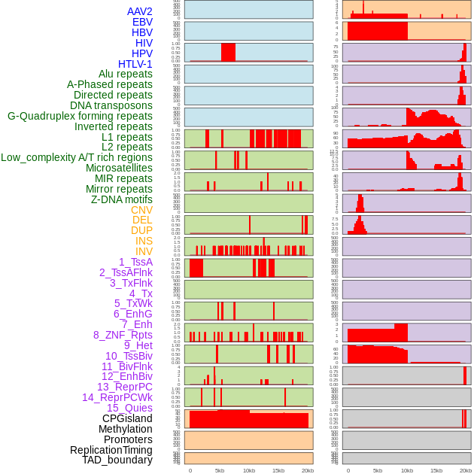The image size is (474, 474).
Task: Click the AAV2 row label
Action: tap(140, 11)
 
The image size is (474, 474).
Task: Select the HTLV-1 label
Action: tap(135, 64)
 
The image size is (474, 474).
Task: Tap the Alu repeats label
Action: tap(126, 74)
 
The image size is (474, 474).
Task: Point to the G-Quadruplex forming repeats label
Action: tap(80, 116)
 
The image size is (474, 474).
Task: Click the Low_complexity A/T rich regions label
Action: tap(77, 157)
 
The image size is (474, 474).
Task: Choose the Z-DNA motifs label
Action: tap(122, 199)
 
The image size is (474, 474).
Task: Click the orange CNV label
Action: tap(141, 210)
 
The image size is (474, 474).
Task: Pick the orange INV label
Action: tap(144, 251)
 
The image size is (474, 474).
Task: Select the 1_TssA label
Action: tap(135, 262)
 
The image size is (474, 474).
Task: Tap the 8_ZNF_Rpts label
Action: tap(123, 335)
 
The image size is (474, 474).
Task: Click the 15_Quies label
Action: tap(129, 408)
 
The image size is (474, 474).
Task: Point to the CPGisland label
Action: tap(127, 418)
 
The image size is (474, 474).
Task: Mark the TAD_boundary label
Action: tap(117, 460)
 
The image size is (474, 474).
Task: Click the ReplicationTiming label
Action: tap(111, 450)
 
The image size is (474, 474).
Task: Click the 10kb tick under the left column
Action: tap(248, 470)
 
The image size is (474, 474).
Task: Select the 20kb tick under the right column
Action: tap(466, 470)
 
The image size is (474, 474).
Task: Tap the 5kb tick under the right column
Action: tap(377, 470)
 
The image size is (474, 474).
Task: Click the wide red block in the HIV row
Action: tap(228, 52)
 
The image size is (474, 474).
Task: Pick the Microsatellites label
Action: tap(119, 168)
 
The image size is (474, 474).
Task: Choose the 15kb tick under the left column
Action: tap(278, 470)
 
